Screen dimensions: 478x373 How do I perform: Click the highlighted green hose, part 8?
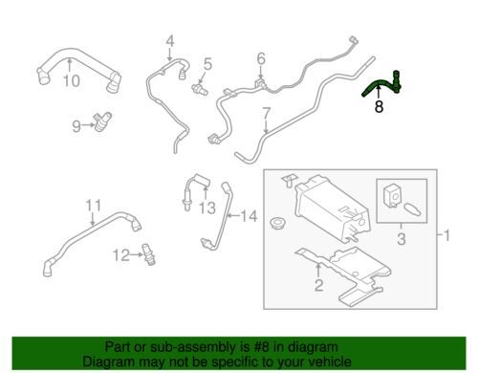pyautogui.click(x=380, y=83)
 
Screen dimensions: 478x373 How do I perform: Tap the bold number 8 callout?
pyautogui.click(x=379, y=106)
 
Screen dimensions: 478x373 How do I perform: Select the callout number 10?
pyautogui.click(x=72, y=81)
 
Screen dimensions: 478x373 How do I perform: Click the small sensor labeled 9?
pyautogui.click(x=102, y=121)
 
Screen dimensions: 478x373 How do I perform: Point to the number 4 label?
pyautogui.click(x=170, y=42)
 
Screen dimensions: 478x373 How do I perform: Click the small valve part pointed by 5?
pyautogui.click(x=200, y=89)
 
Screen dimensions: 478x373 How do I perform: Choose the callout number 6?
pyautogui.click(x=261, y=59)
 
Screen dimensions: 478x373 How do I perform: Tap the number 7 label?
pyautogui.click(x=267, y=114)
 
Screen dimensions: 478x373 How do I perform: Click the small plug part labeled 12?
pyautogui.click(x=148, y=254)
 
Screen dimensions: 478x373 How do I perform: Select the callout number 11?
pyautogui.click(x=94, y=206)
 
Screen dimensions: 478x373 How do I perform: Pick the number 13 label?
pyautogui.click(x=207, y=208)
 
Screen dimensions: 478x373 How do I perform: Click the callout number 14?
pyautogui.click(x=249, y=216)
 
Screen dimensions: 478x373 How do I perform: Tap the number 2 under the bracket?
pyautogui.click(x=319, y=285)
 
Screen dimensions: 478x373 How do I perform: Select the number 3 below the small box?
pyautogui.click(x=402, y=239)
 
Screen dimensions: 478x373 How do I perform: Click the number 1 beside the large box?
pyautogui.click(x=446, y=236)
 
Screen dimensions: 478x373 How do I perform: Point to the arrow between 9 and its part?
pyautogui.click(x=88, y=125)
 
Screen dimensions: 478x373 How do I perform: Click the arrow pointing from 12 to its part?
pyautogui.click(x=137, y=254)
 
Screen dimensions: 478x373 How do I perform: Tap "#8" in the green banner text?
pyautogui.click(x=261, y=347)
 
